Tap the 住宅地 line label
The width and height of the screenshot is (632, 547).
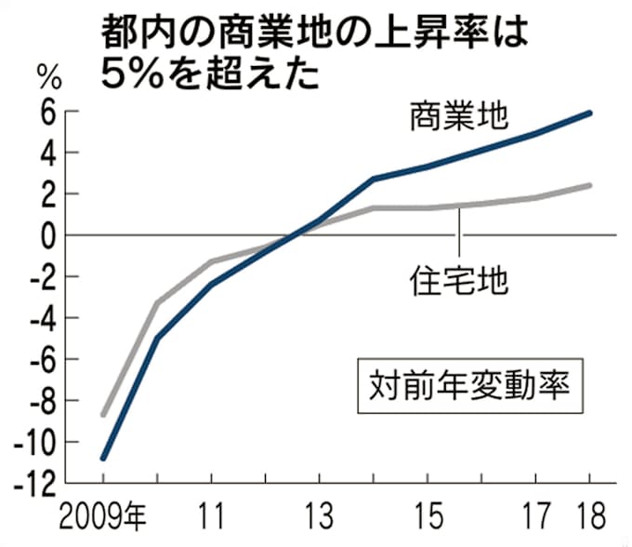(458, 279)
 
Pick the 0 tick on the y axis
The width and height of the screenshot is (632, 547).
(73, 235)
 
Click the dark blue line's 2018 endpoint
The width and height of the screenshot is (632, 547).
(590, 113)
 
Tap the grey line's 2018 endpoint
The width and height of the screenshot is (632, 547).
(590, 185)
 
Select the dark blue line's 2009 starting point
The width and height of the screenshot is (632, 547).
(103, 458)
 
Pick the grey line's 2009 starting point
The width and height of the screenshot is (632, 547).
(103, 414)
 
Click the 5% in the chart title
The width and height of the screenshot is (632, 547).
(132, 73)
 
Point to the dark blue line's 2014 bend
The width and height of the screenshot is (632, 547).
(373, 179)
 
